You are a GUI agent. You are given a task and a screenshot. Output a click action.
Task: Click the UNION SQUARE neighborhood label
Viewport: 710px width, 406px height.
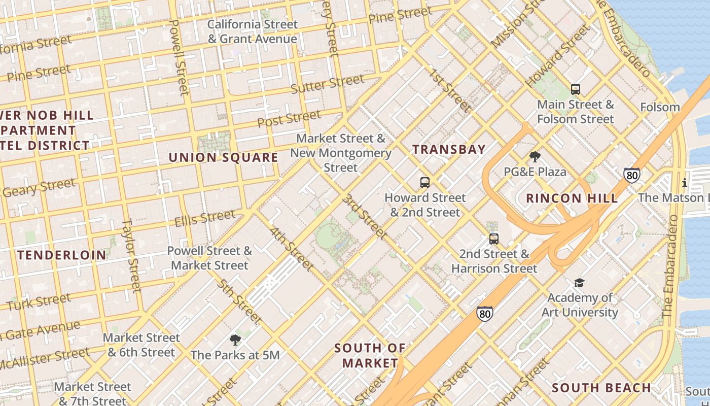223,157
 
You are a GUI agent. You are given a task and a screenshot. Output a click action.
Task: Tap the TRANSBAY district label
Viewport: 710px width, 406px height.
449,149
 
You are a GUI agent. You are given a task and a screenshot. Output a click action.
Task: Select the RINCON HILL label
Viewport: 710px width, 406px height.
572,198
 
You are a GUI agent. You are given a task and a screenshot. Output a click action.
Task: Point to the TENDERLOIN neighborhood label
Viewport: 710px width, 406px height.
62,255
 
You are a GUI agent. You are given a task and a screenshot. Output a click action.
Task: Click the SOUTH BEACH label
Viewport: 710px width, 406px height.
601,388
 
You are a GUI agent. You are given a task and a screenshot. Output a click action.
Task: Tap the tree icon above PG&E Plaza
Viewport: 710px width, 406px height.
535,157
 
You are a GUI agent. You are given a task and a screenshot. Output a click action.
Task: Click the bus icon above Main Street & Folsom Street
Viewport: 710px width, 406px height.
575,89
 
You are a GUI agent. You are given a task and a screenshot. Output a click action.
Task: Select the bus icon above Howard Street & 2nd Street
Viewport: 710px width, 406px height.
425,183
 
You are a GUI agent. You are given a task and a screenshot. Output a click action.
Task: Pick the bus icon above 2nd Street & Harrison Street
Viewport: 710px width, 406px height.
494,239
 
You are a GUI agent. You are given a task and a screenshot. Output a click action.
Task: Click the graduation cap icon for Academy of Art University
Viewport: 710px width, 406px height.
579,283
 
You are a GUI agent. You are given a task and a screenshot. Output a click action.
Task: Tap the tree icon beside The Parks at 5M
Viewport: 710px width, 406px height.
234,340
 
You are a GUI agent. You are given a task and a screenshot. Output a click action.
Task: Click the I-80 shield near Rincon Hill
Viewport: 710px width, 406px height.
631,176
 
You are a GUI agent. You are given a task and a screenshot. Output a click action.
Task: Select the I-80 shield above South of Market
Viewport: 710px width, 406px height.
485,314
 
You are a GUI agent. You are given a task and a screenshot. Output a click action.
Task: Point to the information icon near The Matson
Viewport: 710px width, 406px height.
685,183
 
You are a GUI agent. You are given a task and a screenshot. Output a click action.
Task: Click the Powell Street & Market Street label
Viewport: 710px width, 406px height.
209,258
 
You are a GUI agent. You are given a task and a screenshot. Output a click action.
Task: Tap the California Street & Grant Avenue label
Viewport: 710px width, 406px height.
253,31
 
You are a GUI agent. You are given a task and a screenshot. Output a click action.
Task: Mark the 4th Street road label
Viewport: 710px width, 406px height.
292,249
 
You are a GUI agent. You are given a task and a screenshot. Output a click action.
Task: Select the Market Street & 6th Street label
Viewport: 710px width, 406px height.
141,345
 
